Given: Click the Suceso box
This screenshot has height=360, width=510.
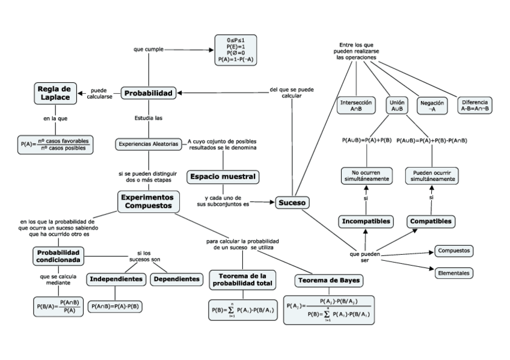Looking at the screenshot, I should click(292, 203).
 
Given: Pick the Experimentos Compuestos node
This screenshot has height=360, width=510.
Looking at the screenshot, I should click(148, 201).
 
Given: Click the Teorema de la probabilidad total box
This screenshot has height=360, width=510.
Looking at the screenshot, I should click(242, 279).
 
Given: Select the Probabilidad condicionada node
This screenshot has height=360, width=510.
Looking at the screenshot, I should click(58, 257).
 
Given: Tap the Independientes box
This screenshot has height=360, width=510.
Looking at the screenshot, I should click(117, 279).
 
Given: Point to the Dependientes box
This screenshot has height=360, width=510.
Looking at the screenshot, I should click(175, 279).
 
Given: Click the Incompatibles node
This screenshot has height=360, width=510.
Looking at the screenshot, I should click(366, 221).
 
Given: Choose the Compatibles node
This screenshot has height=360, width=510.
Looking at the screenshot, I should click(431, 221).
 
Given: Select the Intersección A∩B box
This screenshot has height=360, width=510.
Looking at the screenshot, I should click(357, 106).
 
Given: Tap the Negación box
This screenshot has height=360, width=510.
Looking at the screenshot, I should click(432, 106).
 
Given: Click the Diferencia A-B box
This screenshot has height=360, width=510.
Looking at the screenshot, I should click(475, 105).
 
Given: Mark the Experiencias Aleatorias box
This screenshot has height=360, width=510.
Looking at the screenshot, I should click(148, 144).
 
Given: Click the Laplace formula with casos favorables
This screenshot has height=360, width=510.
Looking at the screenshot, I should click(56, 144).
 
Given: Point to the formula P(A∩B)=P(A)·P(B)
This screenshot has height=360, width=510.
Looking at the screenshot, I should click(116, 306).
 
